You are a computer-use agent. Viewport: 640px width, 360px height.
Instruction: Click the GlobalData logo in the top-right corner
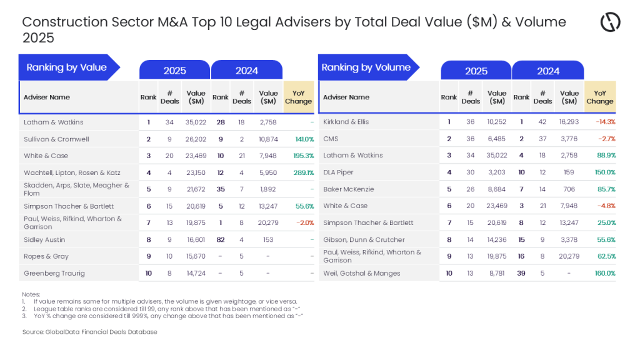click(x=610, y=22)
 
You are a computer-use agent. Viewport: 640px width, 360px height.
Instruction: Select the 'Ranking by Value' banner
click(x=67, y=67)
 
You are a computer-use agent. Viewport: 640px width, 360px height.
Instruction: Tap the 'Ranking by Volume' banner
click(x=366, y=67)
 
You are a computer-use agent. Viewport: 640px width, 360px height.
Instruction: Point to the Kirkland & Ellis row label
click(x=346, y=122)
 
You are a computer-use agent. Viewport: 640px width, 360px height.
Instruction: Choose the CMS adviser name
click(x=331, y=139)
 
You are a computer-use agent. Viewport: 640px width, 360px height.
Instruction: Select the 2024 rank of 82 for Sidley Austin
click(x=221, y=239)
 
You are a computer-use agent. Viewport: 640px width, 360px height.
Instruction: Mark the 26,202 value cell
click(x=196, y=139)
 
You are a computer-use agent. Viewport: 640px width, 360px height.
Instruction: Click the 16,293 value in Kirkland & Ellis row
click(x=569, y=122)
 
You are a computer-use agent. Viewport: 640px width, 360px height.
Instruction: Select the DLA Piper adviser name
click(x=338, y=172)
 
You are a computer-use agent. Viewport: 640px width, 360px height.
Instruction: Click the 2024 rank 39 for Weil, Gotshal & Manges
click(x=521, y=273)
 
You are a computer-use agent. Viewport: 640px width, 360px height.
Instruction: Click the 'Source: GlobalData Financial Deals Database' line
click(x=89, y=332)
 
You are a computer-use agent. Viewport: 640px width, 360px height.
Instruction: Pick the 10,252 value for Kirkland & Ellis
click(x=497, y=122)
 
